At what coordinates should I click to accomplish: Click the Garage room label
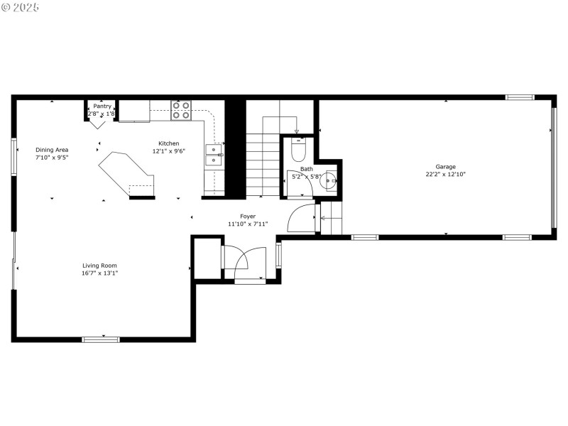point(446,167)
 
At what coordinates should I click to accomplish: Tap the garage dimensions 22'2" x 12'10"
point(446,174)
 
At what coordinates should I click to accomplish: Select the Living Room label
point(99,266)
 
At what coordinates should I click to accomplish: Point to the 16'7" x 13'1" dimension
point(99,273)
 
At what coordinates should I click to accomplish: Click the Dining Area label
point(52,150)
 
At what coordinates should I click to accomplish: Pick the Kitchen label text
point(168,143)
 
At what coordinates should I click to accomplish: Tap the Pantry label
point(102,106)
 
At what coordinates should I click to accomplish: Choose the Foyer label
point(248,217)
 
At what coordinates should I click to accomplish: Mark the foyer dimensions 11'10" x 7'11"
point(248,224)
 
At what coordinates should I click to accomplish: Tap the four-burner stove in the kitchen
point(181,110)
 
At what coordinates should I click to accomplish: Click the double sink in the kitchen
point(213,154)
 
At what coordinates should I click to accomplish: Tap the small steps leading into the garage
point(332,218)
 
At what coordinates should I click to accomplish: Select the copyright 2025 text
point(21,6)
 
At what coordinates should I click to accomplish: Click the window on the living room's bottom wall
point(101,339)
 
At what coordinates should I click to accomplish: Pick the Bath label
point(307,169)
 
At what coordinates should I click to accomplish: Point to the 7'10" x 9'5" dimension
point(52,158)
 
